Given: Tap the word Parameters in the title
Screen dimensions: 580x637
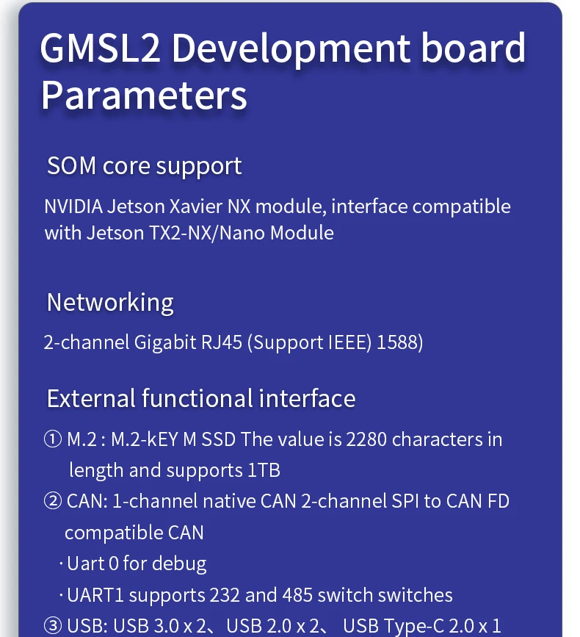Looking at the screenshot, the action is point(144,96).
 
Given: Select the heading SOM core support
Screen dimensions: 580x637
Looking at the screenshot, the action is point(144,166).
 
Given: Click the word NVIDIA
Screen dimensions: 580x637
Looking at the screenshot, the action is point(73,206).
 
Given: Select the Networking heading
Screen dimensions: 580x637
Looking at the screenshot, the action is point(110,303).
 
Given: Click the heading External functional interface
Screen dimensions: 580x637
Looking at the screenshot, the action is point(201,399).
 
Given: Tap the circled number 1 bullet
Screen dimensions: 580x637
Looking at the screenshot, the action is point(53,440).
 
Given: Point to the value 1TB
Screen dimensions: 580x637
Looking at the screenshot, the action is point(263,470).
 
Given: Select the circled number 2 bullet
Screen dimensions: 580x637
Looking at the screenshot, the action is point(53,502).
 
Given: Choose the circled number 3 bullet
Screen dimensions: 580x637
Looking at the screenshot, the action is point(53,626).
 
